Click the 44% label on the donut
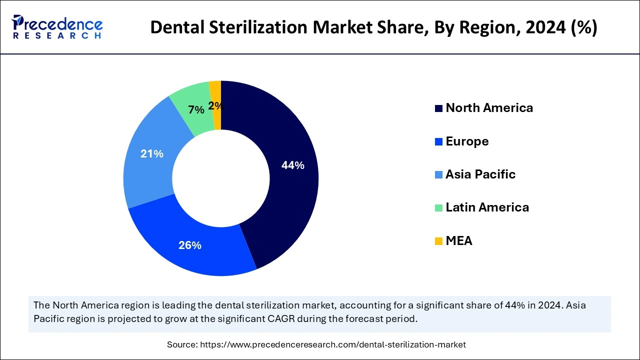coord(293,165)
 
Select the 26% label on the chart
coord(190,245)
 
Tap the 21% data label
coord(152,154)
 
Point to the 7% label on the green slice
coord(196,110)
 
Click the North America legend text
coord(489,108)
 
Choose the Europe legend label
coord(467,141)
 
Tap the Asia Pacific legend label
coord(480,174)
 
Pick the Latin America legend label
coord(487,207)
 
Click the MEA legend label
coord(458,241)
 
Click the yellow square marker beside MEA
coord(438,241)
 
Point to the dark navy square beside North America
coord(438,108)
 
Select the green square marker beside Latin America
coord(438,208)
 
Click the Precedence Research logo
coord(57,26)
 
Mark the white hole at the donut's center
coord(221,178)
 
